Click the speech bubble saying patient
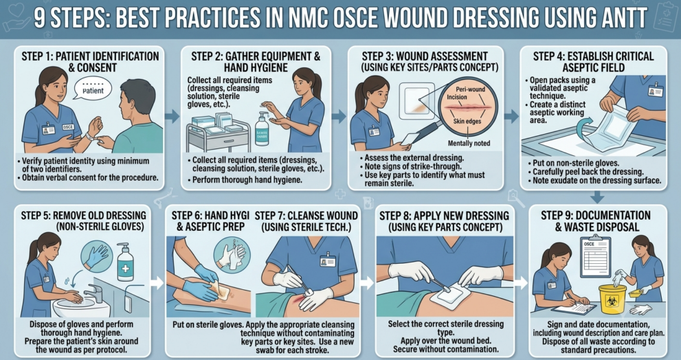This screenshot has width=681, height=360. tap(93, 89)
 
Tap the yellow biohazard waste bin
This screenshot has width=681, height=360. tap(612, 300)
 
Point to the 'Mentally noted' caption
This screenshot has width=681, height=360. tap(469, 143)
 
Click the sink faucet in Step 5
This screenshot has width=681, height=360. tap(95, 292)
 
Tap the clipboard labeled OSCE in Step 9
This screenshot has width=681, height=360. tap(595, 257)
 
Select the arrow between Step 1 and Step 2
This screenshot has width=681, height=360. tap(172, 115)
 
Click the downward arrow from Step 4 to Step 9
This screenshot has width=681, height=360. tap(597, 196)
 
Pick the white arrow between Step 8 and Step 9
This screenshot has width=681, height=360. tap(520, 283)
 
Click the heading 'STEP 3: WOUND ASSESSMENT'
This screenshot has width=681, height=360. tap(425, 56)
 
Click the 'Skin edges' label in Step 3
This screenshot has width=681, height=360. tap(468, 121)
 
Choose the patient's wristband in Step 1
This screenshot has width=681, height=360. tap(90, 136)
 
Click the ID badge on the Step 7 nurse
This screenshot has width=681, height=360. tap(328, 260)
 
